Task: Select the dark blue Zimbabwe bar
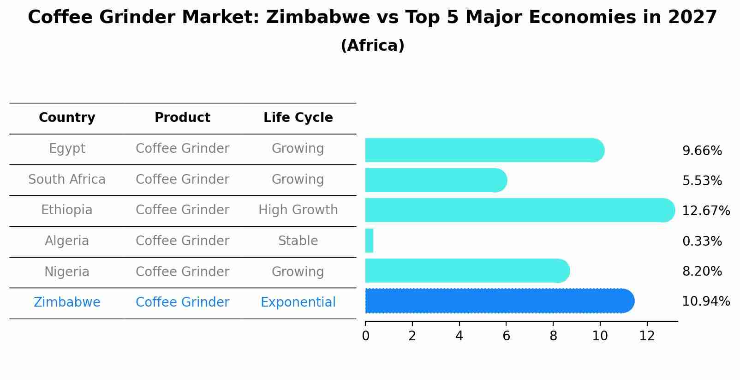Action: [x=498, y=301]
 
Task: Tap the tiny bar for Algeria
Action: [x=369, y=241]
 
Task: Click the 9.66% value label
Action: [x=702, y=151]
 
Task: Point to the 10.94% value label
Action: [x=705, y=302]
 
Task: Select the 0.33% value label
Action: [x=702, y=241]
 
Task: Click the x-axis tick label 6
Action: [x=506, y=336]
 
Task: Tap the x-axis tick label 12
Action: [x=647, y=336]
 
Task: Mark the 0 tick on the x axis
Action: [x=365, y=336]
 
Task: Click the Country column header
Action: [x=67, y=118]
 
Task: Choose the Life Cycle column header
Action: [x=298, y=118]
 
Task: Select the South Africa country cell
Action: [x=67, y=180]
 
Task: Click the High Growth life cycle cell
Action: [x=298, y=210]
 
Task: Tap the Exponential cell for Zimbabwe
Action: [x=298, y=302]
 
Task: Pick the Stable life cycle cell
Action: [x=298, y=241]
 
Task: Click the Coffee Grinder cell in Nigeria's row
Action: [x=182, y=272]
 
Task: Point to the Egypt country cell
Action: [x=67, y=149]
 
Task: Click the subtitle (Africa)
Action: [x=372, y=46]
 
